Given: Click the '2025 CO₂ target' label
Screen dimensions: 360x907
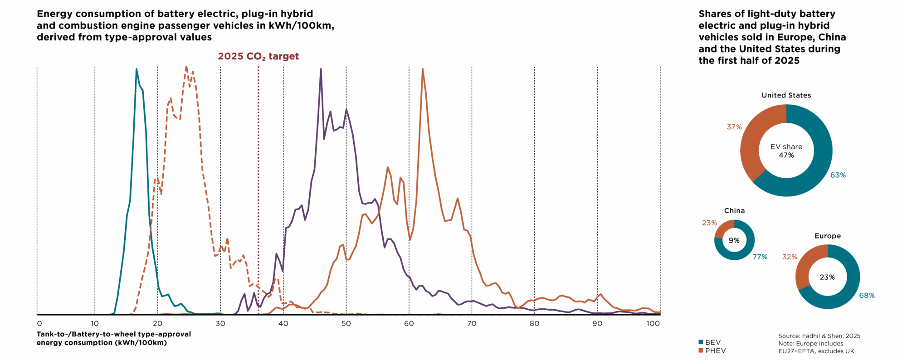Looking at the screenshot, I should pos(258,56).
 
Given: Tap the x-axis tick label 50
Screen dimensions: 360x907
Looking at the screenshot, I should pos(346,324).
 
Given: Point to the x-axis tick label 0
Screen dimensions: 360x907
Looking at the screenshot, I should pos(39,324).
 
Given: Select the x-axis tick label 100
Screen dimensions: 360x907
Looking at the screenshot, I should pos(653,324).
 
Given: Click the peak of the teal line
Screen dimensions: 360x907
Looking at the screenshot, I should pos(137,69).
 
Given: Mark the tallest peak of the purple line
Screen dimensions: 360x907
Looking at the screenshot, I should pos(321,69).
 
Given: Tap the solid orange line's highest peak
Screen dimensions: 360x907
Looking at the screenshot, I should pos(423,69).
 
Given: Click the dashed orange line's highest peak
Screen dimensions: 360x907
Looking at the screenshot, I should pos(186,67).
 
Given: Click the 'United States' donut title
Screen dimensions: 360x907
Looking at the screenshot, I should pos(786,95).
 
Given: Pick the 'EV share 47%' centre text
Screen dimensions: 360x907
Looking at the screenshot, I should pos(786,151).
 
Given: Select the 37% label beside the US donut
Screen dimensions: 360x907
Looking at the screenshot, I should pos(734,127).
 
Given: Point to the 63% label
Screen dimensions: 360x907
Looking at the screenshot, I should pos(838,175).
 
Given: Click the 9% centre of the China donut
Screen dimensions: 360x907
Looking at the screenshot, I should pos(734,240).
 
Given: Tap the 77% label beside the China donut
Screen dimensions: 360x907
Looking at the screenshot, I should pos(760,257).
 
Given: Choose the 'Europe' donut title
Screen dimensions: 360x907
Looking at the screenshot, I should pos(827,236).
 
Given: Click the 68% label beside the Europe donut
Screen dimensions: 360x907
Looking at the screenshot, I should pos(867,296).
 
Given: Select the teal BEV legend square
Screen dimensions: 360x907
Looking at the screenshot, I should pos(701,342).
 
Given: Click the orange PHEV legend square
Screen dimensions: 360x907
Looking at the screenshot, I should pos(701,350).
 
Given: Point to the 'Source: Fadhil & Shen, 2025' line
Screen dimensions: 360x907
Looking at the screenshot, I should pos(819,336).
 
